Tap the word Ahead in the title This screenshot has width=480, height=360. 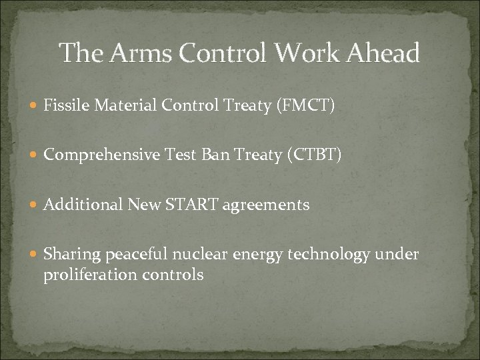(381, 53)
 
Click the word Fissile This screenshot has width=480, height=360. (62, 105)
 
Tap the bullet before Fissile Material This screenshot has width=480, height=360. (35, 105)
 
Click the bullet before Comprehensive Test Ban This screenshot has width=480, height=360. (35, 155)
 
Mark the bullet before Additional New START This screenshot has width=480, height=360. (35, 205)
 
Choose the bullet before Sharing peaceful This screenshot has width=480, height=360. (35, 255)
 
